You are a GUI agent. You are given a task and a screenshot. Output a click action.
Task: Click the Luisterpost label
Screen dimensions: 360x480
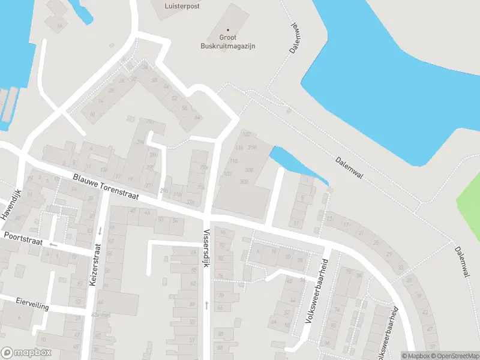182,6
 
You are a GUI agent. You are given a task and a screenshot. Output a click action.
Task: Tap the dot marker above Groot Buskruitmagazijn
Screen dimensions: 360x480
228,29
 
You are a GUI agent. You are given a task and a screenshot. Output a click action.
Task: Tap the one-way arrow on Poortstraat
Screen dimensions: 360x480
53,244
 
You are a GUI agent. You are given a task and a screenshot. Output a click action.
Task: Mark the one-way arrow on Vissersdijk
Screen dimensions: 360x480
206,305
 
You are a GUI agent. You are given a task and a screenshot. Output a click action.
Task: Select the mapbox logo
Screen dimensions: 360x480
26,353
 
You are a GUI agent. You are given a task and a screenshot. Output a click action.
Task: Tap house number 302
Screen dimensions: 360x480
244,181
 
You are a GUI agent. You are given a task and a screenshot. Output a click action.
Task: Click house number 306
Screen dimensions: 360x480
249,170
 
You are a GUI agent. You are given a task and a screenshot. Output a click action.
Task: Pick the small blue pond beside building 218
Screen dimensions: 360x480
294,164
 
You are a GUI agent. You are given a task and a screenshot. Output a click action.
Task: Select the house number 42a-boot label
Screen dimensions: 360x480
100,314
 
